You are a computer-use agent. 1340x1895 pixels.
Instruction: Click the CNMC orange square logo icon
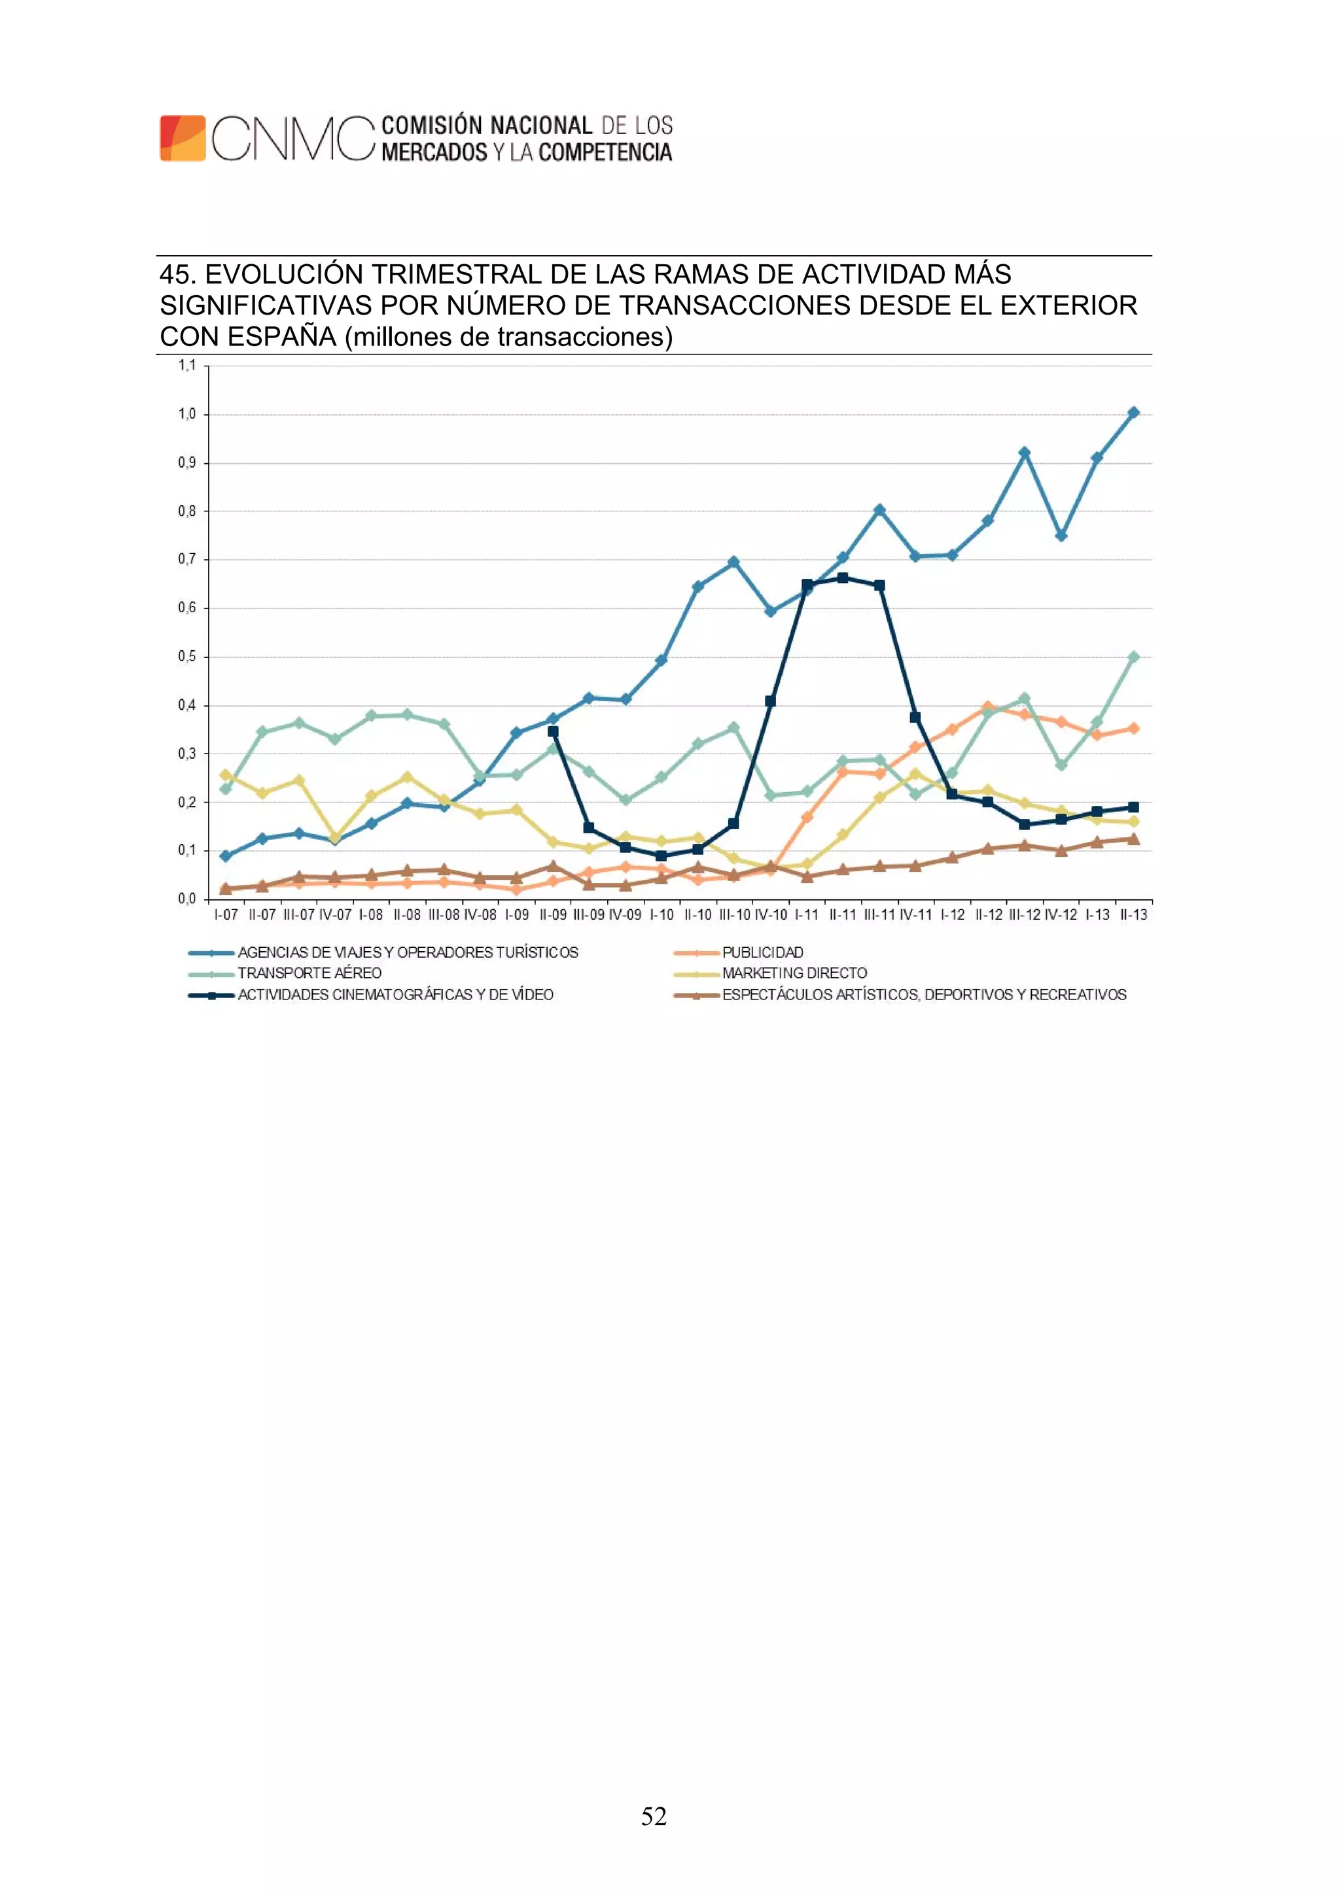point(183,138)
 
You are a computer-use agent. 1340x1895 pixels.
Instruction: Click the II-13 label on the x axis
point(1133,914)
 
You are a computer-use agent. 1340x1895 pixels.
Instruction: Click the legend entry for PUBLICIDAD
point(762,952)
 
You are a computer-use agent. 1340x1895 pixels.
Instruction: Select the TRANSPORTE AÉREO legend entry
point(309,973)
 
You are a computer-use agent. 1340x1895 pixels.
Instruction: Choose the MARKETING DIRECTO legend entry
point(794,973)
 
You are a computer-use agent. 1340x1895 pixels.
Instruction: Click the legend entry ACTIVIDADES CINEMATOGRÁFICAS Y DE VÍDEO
point(395,994)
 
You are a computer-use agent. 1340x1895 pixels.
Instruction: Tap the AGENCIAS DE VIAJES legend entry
point(408,952)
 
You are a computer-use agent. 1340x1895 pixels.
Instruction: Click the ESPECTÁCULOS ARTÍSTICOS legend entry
point(924,994)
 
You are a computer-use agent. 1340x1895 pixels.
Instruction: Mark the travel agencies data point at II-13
point(1133,413)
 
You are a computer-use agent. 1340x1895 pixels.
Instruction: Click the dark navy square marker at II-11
point(842,578)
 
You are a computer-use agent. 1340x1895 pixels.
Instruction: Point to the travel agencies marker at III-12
point(1025,453)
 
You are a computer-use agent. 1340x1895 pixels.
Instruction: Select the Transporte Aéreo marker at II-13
point(1133,657)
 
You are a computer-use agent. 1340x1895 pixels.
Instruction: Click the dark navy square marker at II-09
point(553,731)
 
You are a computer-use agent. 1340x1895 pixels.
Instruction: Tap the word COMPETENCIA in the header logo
point(605,152)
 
